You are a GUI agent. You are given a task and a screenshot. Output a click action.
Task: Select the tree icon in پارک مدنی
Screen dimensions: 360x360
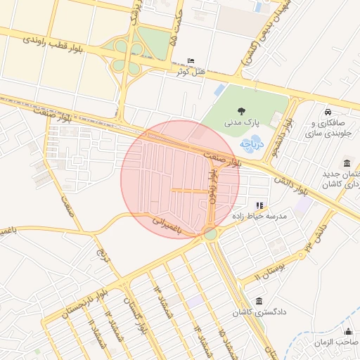[241, 111]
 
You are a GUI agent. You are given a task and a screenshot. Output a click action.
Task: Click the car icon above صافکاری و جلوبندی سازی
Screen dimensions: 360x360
[328, 112]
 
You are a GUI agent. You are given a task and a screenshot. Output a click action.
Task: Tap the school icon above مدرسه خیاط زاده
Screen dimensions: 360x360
[259, 205]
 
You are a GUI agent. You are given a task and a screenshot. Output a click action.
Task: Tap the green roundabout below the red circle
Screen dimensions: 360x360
[210, 233]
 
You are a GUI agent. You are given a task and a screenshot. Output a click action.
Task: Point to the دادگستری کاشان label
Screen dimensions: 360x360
[260, 311]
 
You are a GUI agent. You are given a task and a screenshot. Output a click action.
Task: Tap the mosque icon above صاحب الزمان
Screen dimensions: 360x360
[347, 332]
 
